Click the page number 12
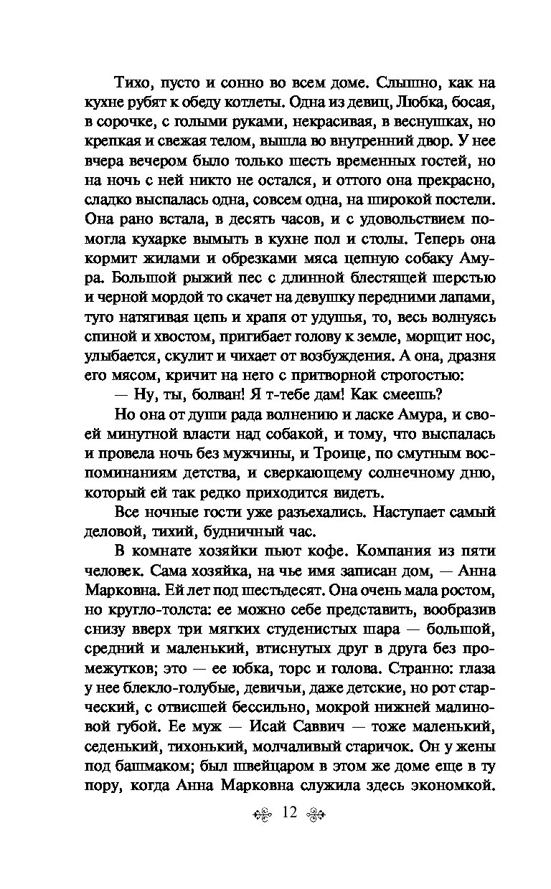tap(290, 832)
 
